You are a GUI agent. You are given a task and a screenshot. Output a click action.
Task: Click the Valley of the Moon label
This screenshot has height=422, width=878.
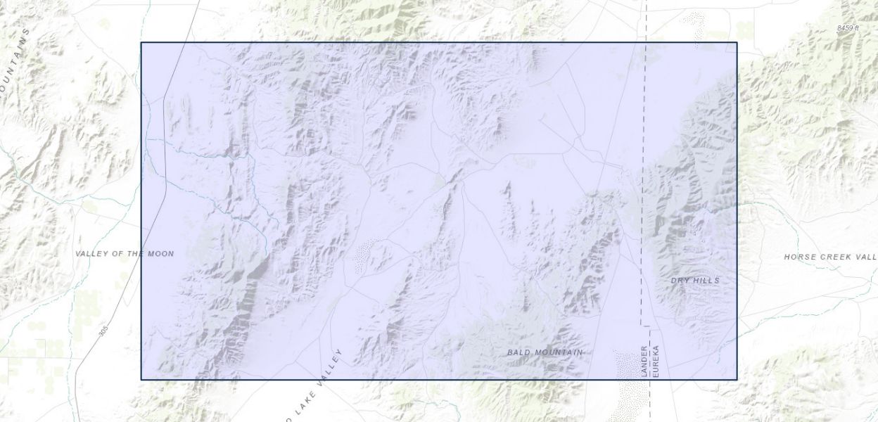[125, 253]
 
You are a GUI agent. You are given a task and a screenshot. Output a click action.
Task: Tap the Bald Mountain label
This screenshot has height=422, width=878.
[545, 352]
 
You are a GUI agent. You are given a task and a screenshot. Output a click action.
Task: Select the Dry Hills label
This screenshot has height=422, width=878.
[695, 281]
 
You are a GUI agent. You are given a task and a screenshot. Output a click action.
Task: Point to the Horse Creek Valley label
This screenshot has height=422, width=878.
[830, 257]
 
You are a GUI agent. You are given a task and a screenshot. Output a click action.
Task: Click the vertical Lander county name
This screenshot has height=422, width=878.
[644, 361]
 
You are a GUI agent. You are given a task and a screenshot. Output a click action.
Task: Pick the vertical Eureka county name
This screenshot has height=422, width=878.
[655, 361]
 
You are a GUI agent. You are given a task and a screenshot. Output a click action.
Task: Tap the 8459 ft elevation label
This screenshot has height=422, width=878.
[848, 27]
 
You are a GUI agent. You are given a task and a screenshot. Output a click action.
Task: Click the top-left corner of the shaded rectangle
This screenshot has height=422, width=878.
[141, 43]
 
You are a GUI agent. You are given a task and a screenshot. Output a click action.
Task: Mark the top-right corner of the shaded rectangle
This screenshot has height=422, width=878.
[737, 43]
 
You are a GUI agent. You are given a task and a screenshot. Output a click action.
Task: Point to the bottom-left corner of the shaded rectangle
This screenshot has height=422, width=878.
[141, 379]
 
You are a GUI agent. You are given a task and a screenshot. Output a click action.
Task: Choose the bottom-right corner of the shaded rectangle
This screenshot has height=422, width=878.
[737, 379]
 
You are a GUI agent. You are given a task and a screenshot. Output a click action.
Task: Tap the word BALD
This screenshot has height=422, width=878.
[519, 352]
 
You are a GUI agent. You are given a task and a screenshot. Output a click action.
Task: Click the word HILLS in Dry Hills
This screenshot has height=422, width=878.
[706, 281]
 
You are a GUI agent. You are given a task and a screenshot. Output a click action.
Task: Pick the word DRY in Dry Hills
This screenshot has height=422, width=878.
[680, 281]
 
